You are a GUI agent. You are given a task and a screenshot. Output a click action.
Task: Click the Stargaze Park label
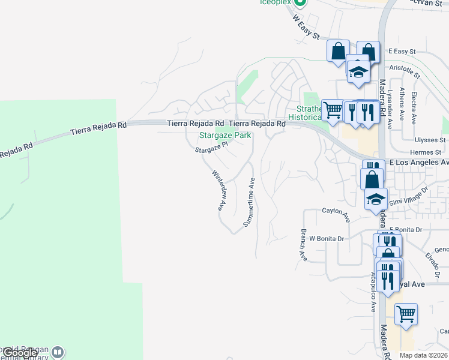click(224, 136)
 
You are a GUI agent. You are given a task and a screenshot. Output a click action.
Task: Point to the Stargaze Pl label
click(212, 148)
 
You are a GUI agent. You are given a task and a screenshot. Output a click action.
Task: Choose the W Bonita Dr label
click(325, 238)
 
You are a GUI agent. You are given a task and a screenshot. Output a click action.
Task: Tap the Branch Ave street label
click(303, 245)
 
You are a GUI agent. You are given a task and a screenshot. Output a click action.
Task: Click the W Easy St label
click(306, 27)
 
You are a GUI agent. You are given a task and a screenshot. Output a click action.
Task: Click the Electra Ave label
click(414, 109)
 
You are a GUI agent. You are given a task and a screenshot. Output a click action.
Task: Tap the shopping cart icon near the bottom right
click(406, 313)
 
